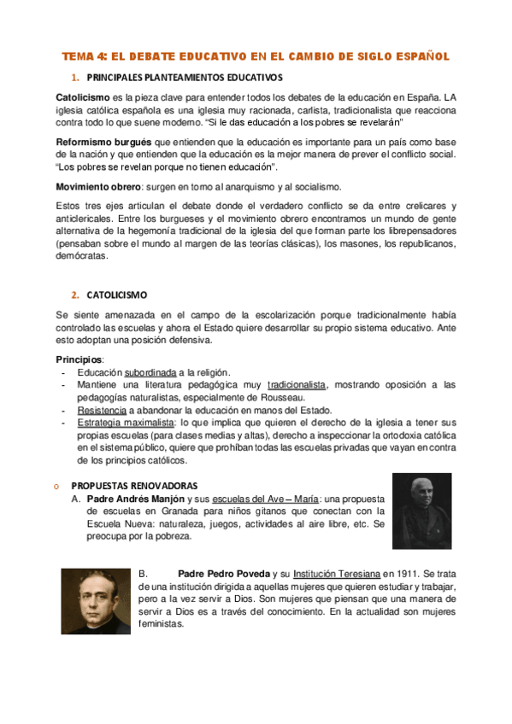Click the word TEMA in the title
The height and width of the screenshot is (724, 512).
[x=79, y=56]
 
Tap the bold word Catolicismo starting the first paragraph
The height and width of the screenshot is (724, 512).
[x=84, y=97]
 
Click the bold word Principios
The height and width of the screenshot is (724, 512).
[x=79, y=360]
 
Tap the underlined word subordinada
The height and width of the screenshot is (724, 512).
[x=150, y=373]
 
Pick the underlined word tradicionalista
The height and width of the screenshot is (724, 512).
[x=298, y=385]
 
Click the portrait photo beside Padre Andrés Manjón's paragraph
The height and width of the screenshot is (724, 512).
[x=421, y=511]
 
